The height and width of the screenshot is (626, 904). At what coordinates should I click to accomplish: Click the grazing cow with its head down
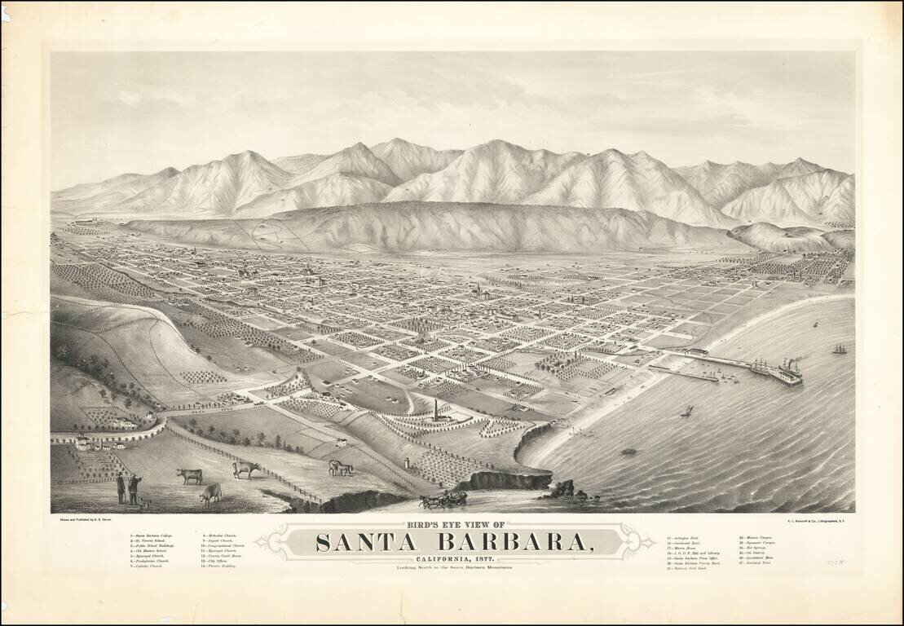click(x=210, y=492)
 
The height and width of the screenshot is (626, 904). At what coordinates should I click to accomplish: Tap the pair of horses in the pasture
click(x=341, y=468)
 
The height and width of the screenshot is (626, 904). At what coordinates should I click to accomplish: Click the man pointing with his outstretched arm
click(x=134, y=487)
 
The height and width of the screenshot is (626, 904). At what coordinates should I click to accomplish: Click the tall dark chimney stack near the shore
click(x=435, y=409)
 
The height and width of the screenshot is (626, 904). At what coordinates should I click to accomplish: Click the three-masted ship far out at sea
click(x=839, y=349)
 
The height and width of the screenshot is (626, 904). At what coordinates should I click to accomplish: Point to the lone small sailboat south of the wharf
click(x=686, y=412)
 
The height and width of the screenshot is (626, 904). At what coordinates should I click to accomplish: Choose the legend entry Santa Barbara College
click(x=151, y=536)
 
